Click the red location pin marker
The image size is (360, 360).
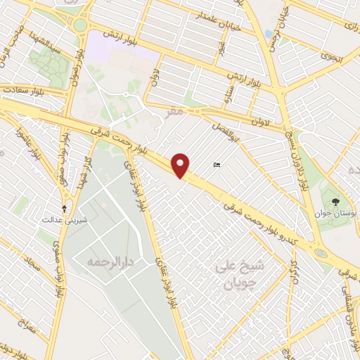[181, 165]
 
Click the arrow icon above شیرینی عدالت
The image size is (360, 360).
[65, 208]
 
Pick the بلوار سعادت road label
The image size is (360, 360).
[22, 90]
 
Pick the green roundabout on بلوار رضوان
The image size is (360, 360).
[79, 25]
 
